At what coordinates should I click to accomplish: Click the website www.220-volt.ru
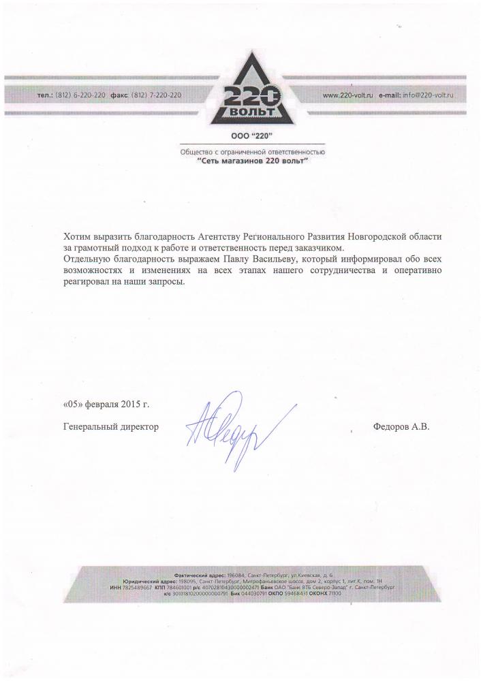[347, 96]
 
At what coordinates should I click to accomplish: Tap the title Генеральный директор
[110, 426]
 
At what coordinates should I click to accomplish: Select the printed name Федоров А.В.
[402, 426]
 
